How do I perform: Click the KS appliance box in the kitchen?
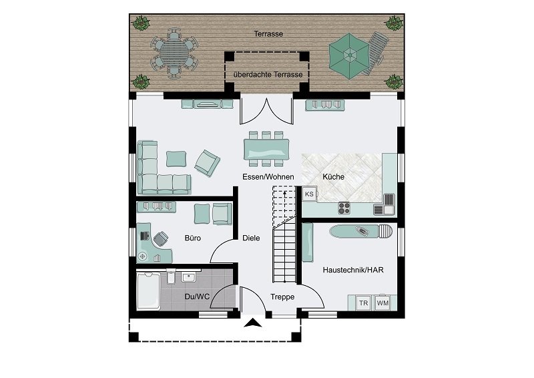pyautogui.click(x=309, y=194)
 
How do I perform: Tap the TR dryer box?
pyautogui.click(x=363, y=303)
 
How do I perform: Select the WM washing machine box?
pyautogui.click(x=382, y=303)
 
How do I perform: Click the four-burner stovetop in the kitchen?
pyautogui.click(x=344, y=208)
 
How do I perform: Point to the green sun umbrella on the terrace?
pyautogui.click(x=349, y=56)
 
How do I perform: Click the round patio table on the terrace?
pyautogui.click(x=174, y=53)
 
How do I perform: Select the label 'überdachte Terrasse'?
pyautogui.click(x=268, y=74)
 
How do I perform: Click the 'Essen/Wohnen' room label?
pyautogui.click(x=268, y=176)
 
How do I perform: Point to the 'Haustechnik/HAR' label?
pyautogui.click(x=353, y=270)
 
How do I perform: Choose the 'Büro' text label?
pyautogui.click(x=193, y=238)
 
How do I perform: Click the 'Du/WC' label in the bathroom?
pyautogui.click(x=197, y=297)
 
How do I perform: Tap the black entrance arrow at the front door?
pyautogui.click(x=253, y=323)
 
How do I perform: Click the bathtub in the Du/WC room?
pyautogui.click(x=148, y=291)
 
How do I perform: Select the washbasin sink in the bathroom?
pyautogui.click(x=188, y=277)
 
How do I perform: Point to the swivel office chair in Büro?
pyautogui.click(x=161, y=238)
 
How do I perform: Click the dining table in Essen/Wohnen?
pyautogui.click(x=266, y=149)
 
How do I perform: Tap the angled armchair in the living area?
pyautogui.click(x=207, y=163)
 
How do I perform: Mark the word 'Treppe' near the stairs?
pyautogui.click(x=282, y=297)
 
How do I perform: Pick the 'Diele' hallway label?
pyautogui.click(x=251, y=238)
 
